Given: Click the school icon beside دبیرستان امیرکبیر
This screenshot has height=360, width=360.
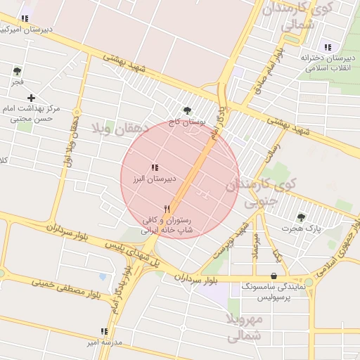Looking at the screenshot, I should click(25, 18).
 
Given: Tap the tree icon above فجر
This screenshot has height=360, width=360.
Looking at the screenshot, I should click(17, 70).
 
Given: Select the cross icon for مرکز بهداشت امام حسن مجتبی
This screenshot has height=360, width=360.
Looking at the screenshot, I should click(31, 98).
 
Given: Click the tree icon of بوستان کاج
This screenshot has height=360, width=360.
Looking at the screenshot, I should click(187, 110).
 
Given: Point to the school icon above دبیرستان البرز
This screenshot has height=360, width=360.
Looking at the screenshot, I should click(154, 167).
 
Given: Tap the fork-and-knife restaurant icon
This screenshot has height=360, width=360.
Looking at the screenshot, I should click(167, 208).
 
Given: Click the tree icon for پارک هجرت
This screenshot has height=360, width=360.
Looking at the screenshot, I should click(301, 217).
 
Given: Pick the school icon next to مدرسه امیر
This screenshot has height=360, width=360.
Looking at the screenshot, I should click(104, 331).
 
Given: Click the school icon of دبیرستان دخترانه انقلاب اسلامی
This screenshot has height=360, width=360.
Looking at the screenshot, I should click(326, 46).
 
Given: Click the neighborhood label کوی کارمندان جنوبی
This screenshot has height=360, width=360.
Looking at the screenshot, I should click(260, 192).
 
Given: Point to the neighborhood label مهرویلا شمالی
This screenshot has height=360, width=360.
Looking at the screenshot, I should click(244, 327).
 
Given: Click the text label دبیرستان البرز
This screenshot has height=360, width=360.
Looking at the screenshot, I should click(153, 180).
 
